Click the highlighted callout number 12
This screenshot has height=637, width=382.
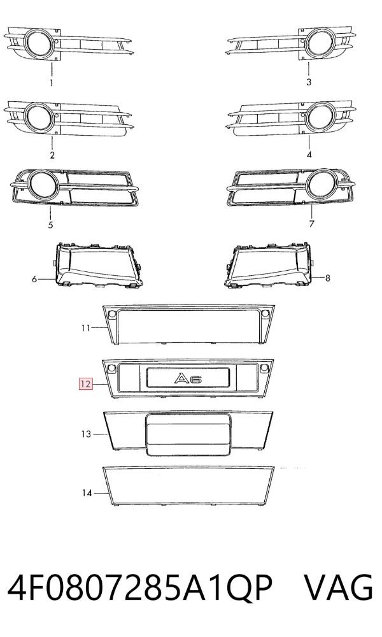click(x=86, y=383)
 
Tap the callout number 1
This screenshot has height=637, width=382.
click(x=52, y=83)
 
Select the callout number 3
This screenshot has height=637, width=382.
click(x=309, y=82)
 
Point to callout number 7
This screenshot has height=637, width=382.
click(x=311, y=224)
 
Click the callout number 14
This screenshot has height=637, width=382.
click(x=87, y=493)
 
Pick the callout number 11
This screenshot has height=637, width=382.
click(x=86, y=327)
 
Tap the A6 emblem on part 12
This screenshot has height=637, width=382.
click(x=188, y=378)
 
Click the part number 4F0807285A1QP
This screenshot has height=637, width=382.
click(x=139, y=588)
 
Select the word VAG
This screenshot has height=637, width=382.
click(x=338, y=587)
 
